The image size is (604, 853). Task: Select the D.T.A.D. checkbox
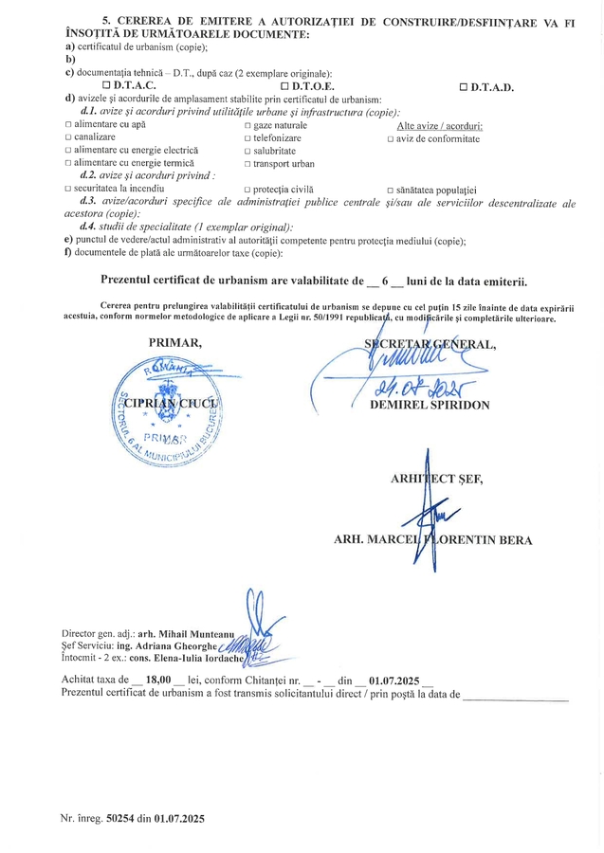(x=464, y=87)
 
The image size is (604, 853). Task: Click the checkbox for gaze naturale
(x=247, y=126)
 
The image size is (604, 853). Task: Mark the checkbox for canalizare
(x=67, y=138)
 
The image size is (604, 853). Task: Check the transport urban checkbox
(x=247, y=163)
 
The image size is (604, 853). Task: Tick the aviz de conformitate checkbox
(x=391, y=138)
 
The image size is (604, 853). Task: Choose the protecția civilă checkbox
(x=247, y=190)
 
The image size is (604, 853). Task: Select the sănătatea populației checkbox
(x=391, y=190)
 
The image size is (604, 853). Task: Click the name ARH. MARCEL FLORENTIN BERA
(x=432, y=540)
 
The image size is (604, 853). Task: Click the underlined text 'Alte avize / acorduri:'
(x=439, y=126)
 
